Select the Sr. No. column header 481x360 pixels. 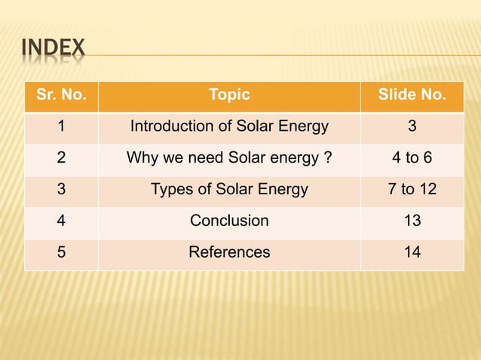pos(61,96)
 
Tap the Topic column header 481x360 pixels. pos(229,96)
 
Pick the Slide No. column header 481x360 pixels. pos(412,96)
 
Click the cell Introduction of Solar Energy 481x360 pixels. pos(229,127)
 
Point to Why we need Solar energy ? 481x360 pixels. pos(229,158)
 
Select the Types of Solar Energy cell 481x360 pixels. pos(229,190)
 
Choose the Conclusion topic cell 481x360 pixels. pos(229,221)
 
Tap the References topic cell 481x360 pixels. pos(229,252)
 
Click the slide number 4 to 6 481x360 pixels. pos(412,158)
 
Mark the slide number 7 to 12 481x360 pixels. pos(412,190)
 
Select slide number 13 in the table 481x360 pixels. pos(412,221)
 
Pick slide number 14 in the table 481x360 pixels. pos(412,252)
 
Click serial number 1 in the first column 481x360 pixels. pos(61,127)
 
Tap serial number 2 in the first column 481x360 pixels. pos(61,158)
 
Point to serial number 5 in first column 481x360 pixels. pos(61,252)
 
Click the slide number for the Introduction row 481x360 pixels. pos(412,127)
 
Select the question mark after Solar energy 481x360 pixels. pos(328,158)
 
